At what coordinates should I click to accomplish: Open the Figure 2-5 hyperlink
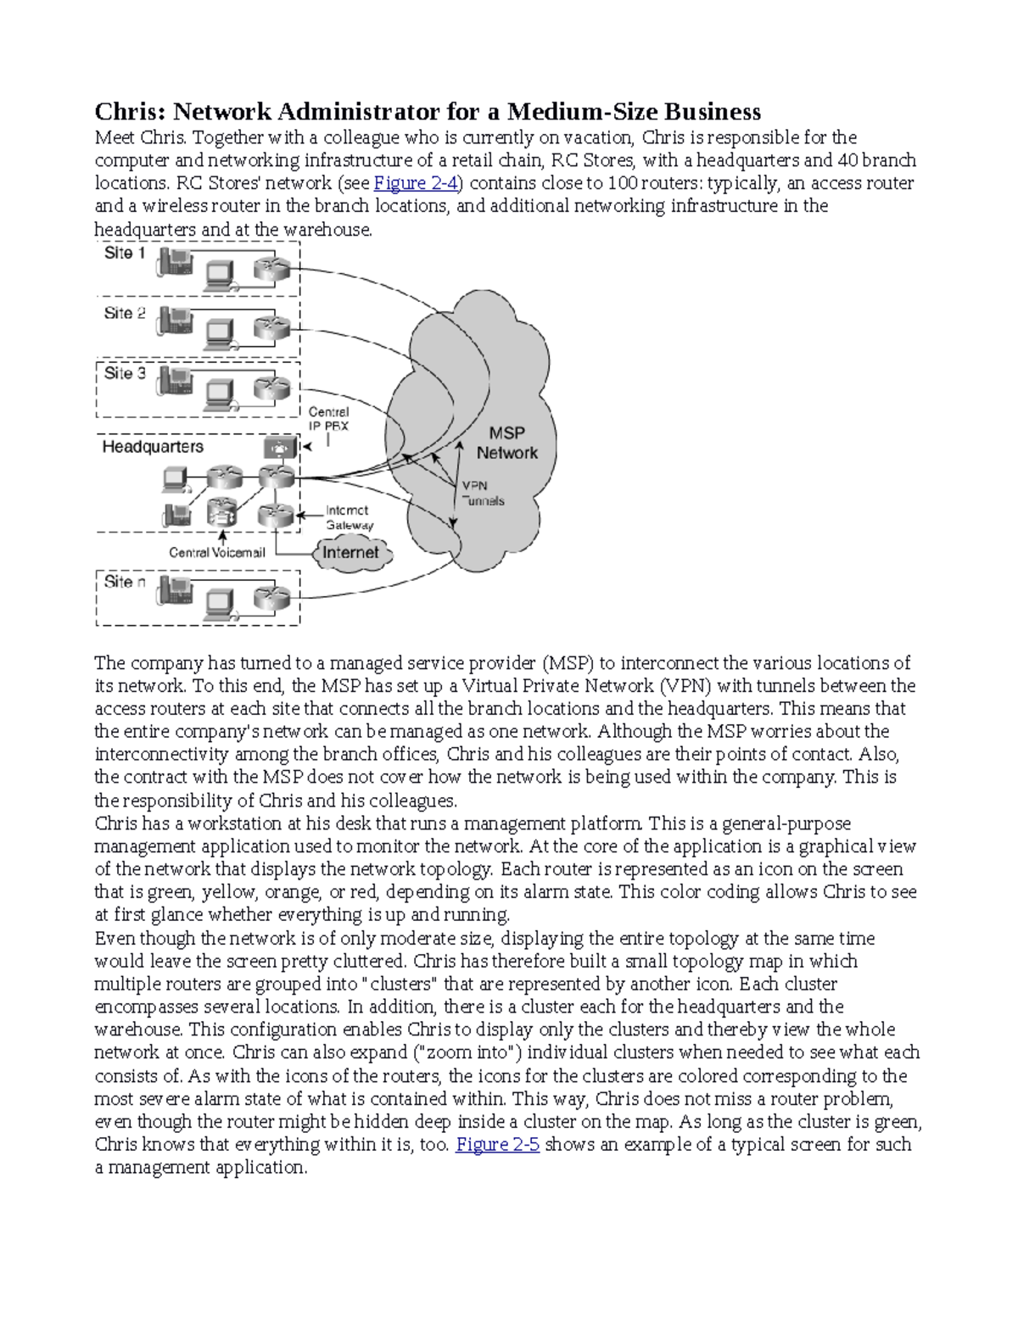click(x=497, y=1145)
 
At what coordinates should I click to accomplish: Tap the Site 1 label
click(x=125, y=253)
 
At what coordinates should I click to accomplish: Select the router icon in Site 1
click(x=272, y=270)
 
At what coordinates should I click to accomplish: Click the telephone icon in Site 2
click(x=175, y=321)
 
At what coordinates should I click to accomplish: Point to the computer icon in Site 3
click(x=220, y=393)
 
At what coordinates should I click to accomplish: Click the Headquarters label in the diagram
click(x=153, y=447)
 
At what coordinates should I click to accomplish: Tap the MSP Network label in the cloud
click(x=506, y=443)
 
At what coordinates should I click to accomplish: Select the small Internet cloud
click(x=351, y=553)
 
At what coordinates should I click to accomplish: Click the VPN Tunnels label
click(x=482, y=494)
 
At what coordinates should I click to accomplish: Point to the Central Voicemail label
click(x=217, y=553)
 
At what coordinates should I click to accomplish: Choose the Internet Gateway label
click(x=348, y=517)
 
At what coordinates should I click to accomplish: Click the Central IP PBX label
click(x=328, y=419)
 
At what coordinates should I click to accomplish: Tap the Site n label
click(x=125, y=582)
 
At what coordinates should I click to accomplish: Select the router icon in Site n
click(x=272, y=598)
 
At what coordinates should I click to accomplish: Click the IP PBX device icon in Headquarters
click(x=280, y=447)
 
